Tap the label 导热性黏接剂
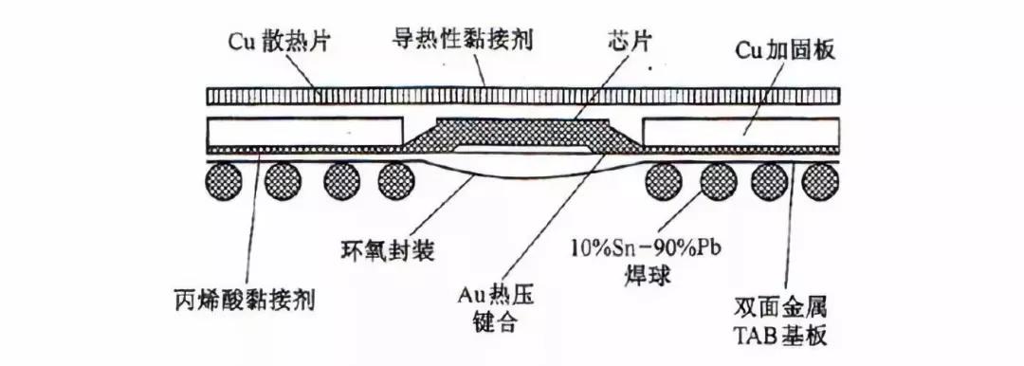tap(463, 40)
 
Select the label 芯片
tap(628, 42)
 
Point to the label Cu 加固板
tap(785, 50)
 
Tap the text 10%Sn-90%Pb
tap(639, 249)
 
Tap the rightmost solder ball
tap(819, 179)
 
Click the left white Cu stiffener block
tap(304, 132)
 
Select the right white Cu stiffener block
tap(741, 132)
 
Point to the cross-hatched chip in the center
tap(522, 133)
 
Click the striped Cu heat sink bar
tap(523, 96)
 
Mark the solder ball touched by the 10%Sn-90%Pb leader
tap(719, 179)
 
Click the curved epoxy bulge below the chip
tap(522, 174)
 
